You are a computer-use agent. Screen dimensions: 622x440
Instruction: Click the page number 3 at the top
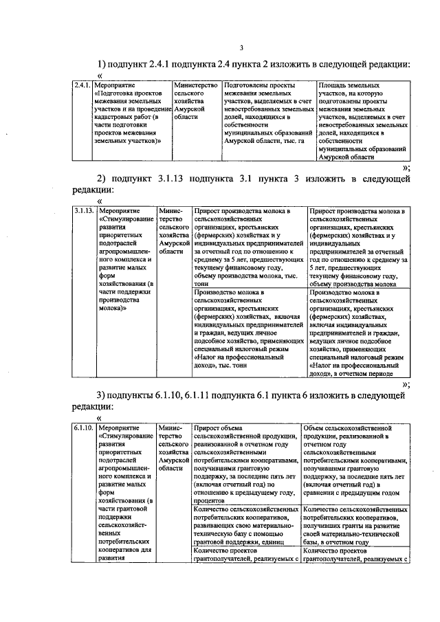241,47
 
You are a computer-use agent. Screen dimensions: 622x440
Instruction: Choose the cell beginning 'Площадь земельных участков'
363,121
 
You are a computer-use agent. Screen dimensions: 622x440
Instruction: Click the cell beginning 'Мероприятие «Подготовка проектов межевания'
133,113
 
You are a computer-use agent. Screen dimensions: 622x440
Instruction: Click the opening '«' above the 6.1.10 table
100,417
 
